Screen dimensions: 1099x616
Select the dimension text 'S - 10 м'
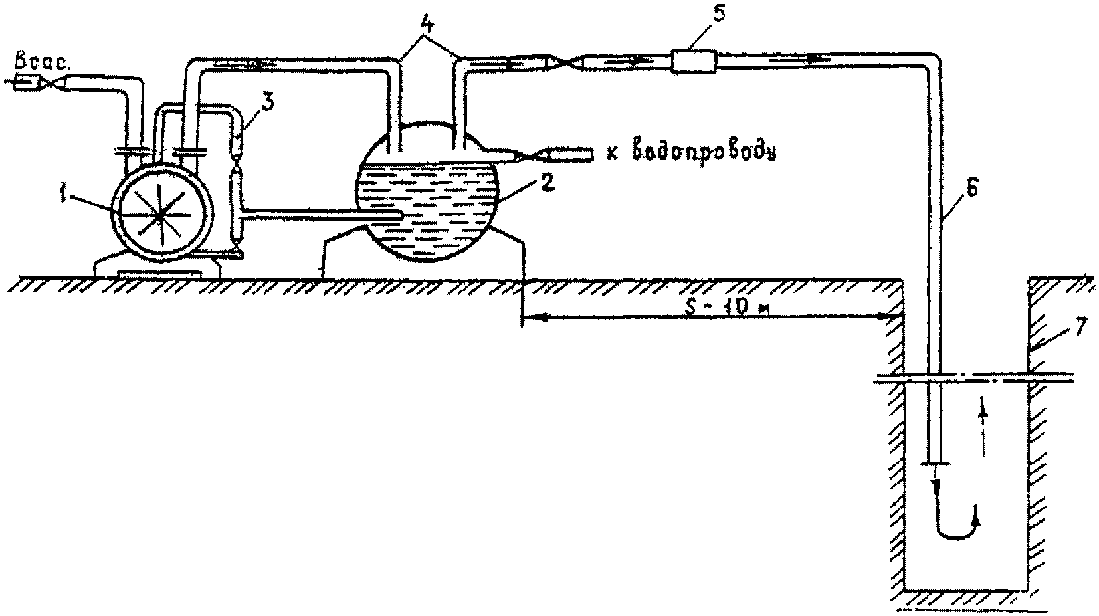(x=728, y=308)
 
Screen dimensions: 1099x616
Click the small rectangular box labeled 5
(x=692, y=62)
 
